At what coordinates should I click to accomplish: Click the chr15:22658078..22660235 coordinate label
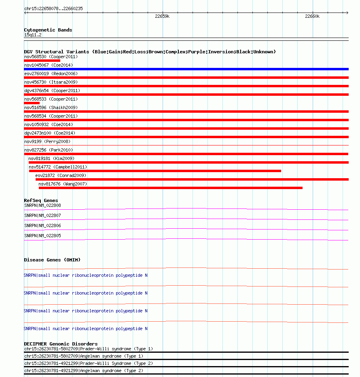coord(53,8)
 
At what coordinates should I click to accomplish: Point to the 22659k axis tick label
coord(162,17)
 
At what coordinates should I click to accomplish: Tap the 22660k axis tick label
coord(312,17)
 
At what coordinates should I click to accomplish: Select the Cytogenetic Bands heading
coord(48,30)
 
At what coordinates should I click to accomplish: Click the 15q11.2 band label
coord(33,35)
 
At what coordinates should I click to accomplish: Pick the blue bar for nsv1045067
coord(186,69)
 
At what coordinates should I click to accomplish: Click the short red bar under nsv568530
coord(42,61)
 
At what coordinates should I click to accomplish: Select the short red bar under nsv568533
coord(32,103)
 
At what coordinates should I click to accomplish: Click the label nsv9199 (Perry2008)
coord(47,141)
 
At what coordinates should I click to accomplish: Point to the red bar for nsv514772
coord(155,171)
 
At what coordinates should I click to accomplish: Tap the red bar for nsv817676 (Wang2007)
coord(170,188)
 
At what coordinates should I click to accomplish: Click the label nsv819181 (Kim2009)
coord(51,158)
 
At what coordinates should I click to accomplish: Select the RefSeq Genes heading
coord(41,200)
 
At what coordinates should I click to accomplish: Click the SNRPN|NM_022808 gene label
coord(42,205)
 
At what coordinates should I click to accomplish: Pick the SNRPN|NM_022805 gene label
coord(42,236)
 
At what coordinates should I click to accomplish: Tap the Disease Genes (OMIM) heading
coord(52,260)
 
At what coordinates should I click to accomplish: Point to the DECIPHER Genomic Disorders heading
coord(61,344)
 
